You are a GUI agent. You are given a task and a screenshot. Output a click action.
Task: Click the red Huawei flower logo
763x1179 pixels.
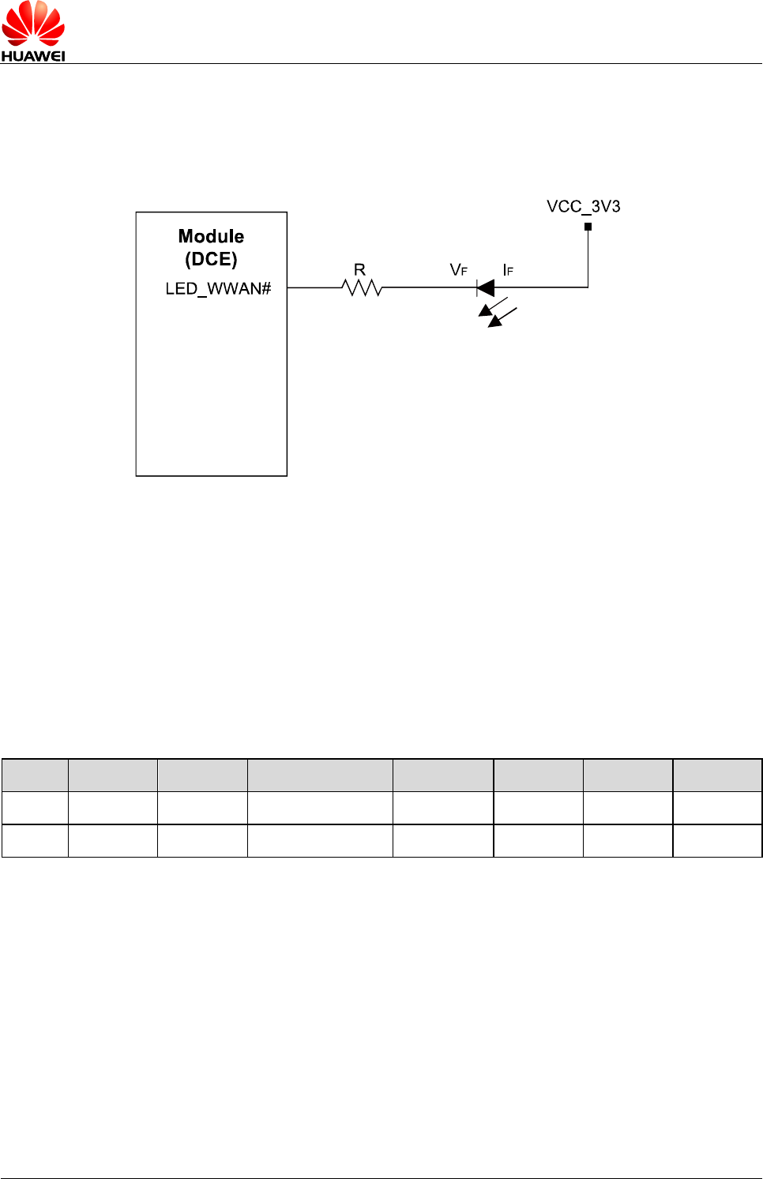(x=33, y=24)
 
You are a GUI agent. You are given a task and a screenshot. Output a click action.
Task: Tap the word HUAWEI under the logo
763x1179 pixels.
(x=33, y=55)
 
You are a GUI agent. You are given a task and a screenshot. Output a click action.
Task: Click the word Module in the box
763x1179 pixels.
(x=211, y=236)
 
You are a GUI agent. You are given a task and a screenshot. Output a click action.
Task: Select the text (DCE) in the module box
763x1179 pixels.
(x=211, y=259)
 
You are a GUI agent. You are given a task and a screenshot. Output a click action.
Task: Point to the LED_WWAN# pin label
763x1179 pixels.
(x=218, y=288)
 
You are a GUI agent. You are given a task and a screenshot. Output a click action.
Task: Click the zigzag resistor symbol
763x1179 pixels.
(x=363, y=288)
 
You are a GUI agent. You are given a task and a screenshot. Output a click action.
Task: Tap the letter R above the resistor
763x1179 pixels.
(x=359, y=270)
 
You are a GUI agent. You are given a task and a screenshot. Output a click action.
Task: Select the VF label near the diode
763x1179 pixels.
(x=458, y=270)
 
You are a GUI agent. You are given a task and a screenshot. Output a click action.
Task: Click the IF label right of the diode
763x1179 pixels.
(x=508, y=270)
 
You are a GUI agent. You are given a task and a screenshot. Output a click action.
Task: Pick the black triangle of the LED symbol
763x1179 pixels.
(x=487, y=287)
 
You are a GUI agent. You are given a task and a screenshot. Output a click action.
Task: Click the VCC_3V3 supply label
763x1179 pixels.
(x=583, y=206)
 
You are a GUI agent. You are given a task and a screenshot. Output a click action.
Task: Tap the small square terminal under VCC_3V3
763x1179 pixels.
(x=588, y=227)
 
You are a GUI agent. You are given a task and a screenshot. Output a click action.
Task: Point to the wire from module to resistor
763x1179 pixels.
(x=314, y=287)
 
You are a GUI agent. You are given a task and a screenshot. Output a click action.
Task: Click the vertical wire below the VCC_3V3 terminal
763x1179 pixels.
(x=588, y=257)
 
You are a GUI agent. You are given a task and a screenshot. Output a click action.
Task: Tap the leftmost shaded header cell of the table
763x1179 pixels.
(x=35, y=775)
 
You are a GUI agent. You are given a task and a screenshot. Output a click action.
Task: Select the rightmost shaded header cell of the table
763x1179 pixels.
(x=717, y=775)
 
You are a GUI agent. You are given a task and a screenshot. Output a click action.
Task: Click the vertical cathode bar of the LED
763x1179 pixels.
(x=477, y=287)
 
